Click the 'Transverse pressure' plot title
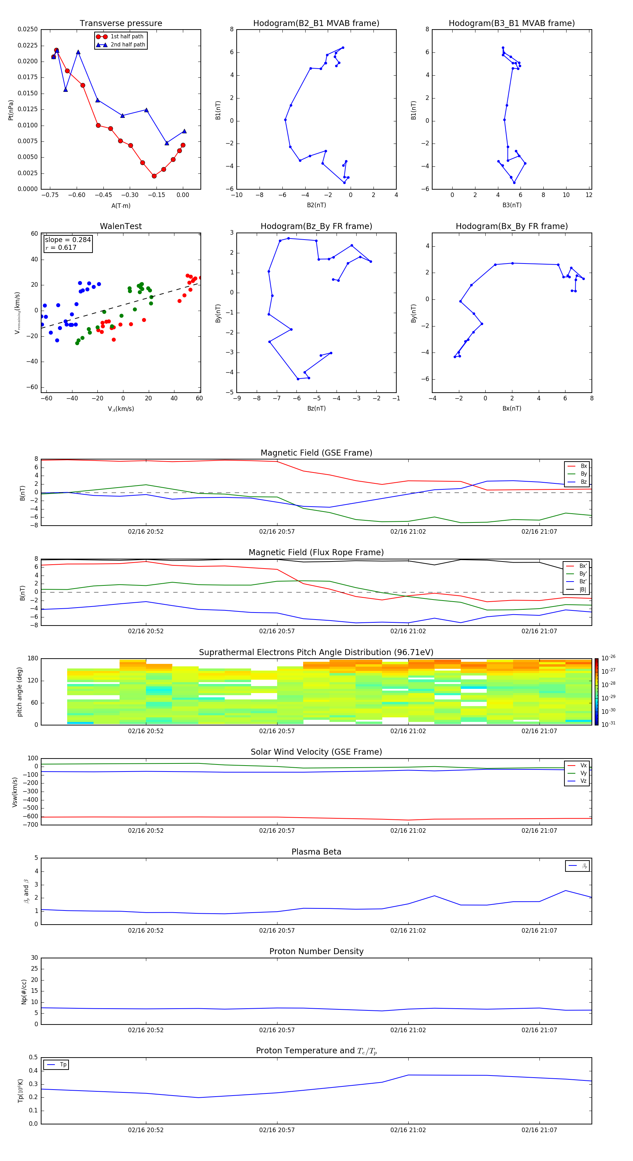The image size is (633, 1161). coord(121,24)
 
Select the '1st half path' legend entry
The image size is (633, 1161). coord(127,37)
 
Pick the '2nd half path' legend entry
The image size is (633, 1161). coord(128,45)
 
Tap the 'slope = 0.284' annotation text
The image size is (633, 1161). coord(68,240)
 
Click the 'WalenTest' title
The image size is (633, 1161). coord(121,226)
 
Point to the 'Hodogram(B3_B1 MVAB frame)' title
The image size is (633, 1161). coord(511,24)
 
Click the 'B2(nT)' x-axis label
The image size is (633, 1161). coord(316,205)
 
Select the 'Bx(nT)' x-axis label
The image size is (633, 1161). coord(511,408)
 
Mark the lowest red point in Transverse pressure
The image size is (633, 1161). coord(154,176)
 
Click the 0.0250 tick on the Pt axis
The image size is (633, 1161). coord(27,29)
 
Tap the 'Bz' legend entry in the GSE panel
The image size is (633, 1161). coord(583,482)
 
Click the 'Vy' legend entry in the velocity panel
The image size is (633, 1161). coord(583,773)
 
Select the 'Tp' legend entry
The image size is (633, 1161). coord(63,1065)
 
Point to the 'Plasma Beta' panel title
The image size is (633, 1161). coord(316,852)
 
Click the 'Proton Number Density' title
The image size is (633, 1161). coord(316,951)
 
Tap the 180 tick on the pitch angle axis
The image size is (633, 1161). coord(33,659)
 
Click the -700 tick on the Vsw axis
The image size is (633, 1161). coord(30,825)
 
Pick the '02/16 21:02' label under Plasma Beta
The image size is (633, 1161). coord(408,930)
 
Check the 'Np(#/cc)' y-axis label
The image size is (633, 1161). coord(24,991)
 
